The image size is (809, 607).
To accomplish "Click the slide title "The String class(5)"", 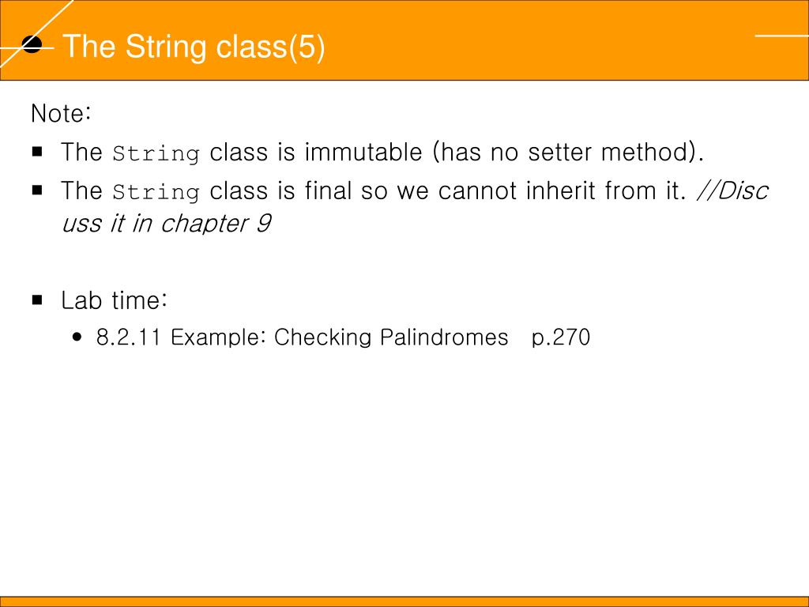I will coord(194,47).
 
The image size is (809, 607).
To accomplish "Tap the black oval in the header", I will coord(32,45).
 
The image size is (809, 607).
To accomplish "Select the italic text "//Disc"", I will coord(732,190).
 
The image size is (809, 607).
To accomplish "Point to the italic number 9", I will coord(263,224).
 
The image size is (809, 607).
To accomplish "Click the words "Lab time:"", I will coord(115,301).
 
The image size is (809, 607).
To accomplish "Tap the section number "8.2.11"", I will coord(130,337).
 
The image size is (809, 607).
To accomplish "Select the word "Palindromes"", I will coord(444,337).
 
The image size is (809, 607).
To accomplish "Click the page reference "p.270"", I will coord(561,337).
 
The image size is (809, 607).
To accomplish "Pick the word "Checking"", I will coord(322,337).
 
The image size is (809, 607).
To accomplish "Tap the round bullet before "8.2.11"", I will coord(77,337).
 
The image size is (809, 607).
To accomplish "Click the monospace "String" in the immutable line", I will coord(156,153).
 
